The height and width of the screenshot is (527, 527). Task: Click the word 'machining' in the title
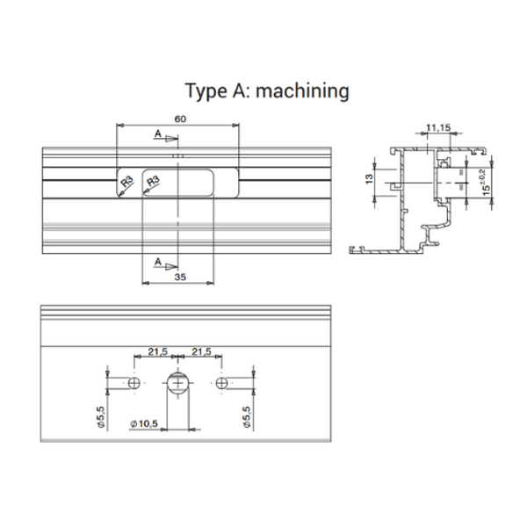[x=302, y=91]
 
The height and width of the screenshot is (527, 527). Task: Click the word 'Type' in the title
[x=206, y=91]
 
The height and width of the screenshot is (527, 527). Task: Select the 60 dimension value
[x=180, y=119]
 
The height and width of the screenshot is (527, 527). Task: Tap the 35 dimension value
[x=180, y=277]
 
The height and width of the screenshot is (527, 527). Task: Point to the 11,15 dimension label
[x=438, y=127]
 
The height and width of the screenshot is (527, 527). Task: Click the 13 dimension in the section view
[x=369, y=178]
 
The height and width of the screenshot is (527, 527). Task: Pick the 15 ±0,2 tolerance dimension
[x=484, y=184]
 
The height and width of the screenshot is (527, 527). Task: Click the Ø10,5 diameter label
[x=144, y=424]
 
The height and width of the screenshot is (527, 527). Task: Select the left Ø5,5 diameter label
[x=102, y=417]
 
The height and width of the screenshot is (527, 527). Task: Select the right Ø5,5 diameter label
[x=247, y=417]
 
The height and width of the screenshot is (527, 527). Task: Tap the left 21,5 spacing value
[x=157, y=351]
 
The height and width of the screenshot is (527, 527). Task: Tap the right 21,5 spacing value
[x=201, y=351]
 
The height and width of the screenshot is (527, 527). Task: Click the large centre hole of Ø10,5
[x=178, y=383]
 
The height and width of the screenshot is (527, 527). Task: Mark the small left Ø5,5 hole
[x=134, y=383]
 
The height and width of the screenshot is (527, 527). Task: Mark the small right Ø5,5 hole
[x=221, y=383]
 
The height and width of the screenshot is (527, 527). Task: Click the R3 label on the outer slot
[x=127, y=183]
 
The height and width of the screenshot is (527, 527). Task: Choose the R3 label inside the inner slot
[x=153, y=182]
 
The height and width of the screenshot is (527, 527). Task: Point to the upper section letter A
[x=158, y=134]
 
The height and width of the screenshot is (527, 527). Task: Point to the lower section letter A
[x=158, y=262]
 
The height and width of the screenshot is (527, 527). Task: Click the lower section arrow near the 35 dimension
[x=171, y=267]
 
